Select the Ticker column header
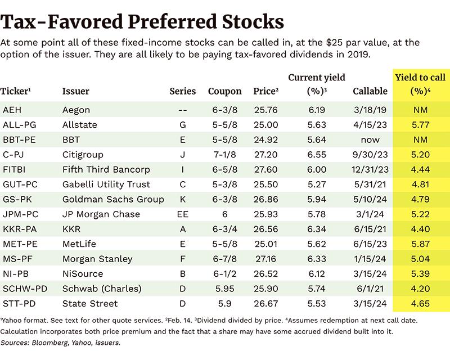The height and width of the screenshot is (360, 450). [x=16, y=91]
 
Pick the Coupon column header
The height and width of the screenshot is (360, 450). [x=224, y=91]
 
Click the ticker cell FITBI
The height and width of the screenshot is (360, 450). [x=13, y=169]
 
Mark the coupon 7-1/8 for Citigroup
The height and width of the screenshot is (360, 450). [x=224, y=154]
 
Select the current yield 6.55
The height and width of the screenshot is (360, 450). [x=316, y=154]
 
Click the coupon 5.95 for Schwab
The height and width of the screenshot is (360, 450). [x=224, y=289]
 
